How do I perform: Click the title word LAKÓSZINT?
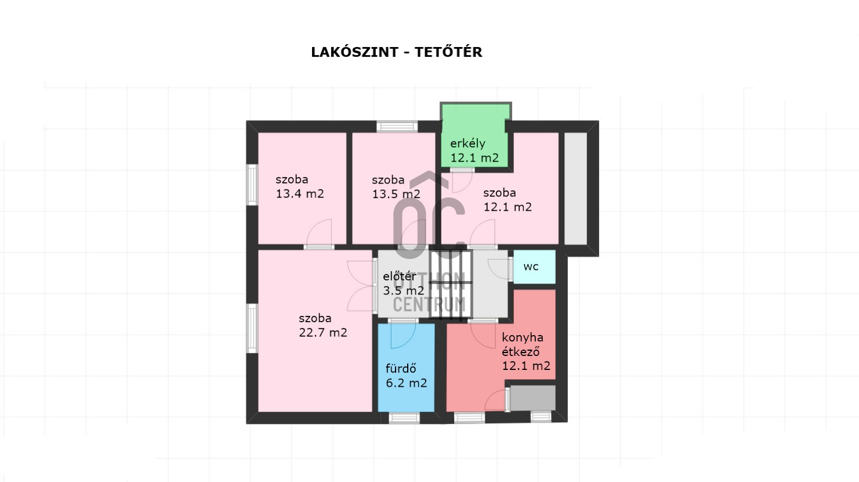pyautogui.click(x=355, y=52)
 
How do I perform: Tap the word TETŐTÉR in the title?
pyautogui.click(x=448, y=52)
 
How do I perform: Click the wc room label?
pyautogui.click(x=531, y=267)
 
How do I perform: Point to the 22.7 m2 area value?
pyautogui.click(x=323, y=332)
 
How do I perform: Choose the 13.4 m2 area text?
pyautogui.click(x=300, y=193)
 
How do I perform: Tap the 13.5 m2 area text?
pyautogui.click(x=396, y=194)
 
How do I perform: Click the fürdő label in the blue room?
pyautogui.click(x=401, y=368)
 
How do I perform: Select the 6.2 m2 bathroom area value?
pyautogui.click(x=406, y=383)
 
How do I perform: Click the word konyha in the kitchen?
pyautogui.click(x=523, y=338)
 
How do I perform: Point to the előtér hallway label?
pyautogui.click(x=399, y=276)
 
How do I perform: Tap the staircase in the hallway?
pyautogui.click(x=450, y=285)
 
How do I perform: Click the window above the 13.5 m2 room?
pyautogui.click(x=397, y=127)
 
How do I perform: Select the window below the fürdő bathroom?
pyautogui.click(x=404, y=418)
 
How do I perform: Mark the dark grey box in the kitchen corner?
pyautogui.click(x=532, y=398)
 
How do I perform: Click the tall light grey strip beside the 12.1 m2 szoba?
pyautogui.click(x=575, y=189)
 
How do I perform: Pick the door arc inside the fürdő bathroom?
pyautogui.click(x=403, y=336)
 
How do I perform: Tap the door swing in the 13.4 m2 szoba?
pyautogui.click(x=319, y=232)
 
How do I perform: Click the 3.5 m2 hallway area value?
pyautogui.click(x=404, y=290)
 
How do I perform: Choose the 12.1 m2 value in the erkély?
pyautogui.click(x=474, y=158)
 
